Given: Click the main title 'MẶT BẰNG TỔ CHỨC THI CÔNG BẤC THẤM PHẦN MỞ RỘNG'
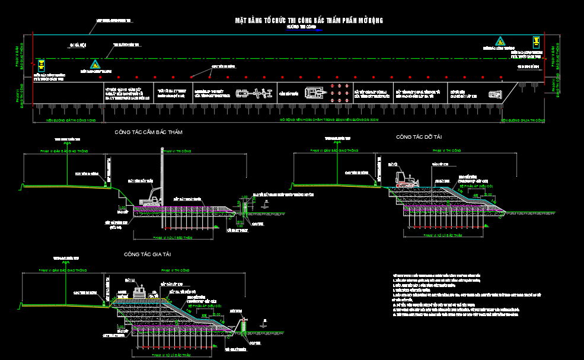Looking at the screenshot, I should [309, 21].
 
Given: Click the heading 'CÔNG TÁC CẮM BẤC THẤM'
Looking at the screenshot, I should [148, 132].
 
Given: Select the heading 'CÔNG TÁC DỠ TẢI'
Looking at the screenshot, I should [419, 137].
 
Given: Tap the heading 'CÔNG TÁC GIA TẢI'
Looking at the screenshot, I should [147, 254].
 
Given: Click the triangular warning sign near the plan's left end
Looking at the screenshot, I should [94, 64].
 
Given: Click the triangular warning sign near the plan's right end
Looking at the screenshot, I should [500, 42].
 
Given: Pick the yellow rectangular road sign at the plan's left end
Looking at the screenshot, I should [41, 65].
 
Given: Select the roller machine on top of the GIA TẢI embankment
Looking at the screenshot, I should [140, 292].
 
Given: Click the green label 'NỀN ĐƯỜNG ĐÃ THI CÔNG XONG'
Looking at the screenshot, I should [71, 120].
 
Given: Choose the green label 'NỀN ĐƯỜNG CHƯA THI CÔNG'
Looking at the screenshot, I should [522, 120].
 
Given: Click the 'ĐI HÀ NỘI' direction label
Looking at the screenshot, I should [78, 45].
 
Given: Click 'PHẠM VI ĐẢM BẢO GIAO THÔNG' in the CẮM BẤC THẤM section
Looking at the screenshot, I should [63, 152].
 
